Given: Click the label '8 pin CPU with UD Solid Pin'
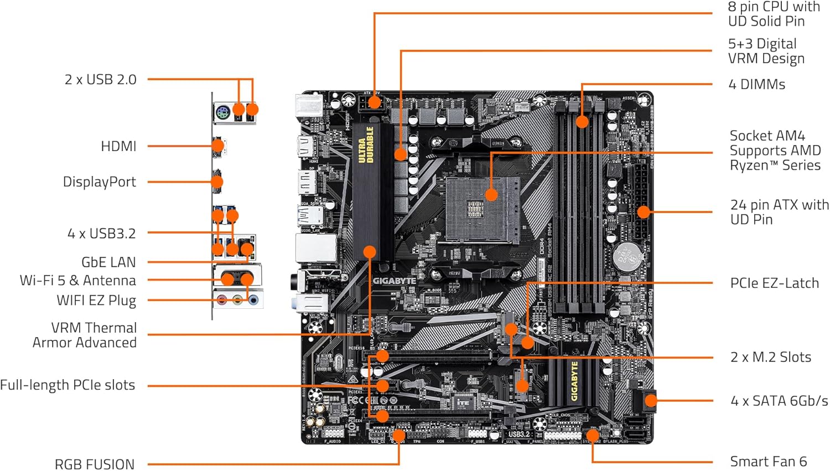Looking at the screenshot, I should [x=774, y=14].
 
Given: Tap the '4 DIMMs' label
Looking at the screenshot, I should [x=756, y=85].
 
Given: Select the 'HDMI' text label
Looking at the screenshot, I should [x=118, y=147].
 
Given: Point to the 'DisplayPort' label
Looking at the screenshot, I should [x=99, y=182].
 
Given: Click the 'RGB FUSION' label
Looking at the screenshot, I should [x=95, y=464].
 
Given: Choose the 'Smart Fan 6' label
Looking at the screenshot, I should [x=768, y=462].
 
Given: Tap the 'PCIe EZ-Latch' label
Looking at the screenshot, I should [x=774, y=283].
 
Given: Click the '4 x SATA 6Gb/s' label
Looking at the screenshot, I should [x=779, y=401].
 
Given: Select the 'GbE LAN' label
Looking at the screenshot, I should [x=108, y=262].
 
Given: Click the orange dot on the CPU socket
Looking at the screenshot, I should [x=491, y=194].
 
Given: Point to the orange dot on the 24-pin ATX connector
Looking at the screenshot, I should [x=643, y=211].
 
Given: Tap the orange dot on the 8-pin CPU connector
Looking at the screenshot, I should [x=375, y=102].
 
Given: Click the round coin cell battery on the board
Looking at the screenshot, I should [x=629, y=255].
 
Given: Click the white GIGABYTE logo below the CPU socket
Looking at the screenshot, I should [x=394, y=281].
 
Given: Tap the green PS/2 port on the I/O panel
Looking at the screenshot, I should [x=222, y=113].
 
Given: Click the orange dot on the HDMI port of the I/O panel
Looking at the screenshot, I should [x=218, y=146].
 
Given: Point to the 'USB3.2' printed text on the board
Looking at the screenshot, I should [x=519, y=434].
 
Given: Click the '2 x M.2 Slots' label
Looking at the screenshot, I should [x=770, y=358].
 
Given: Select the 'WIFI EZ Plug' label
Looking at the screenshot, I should [x=96, y=301].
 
